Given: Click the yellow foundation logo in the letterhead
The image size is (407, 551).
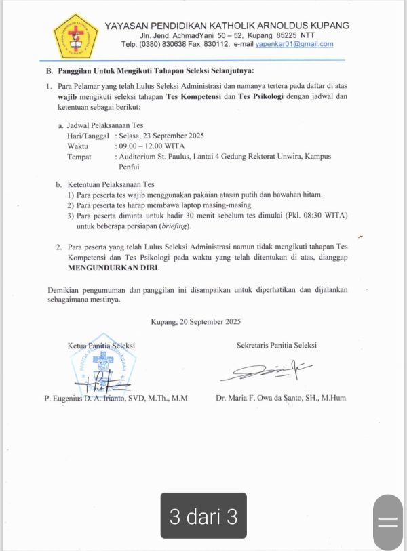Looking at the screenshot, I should coord(75,35).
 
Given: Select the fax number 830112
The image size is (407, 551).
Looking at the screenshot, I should coord(214,44).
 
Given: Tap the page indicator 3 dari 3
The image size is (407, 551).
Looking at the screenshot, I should coord(203,516).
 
